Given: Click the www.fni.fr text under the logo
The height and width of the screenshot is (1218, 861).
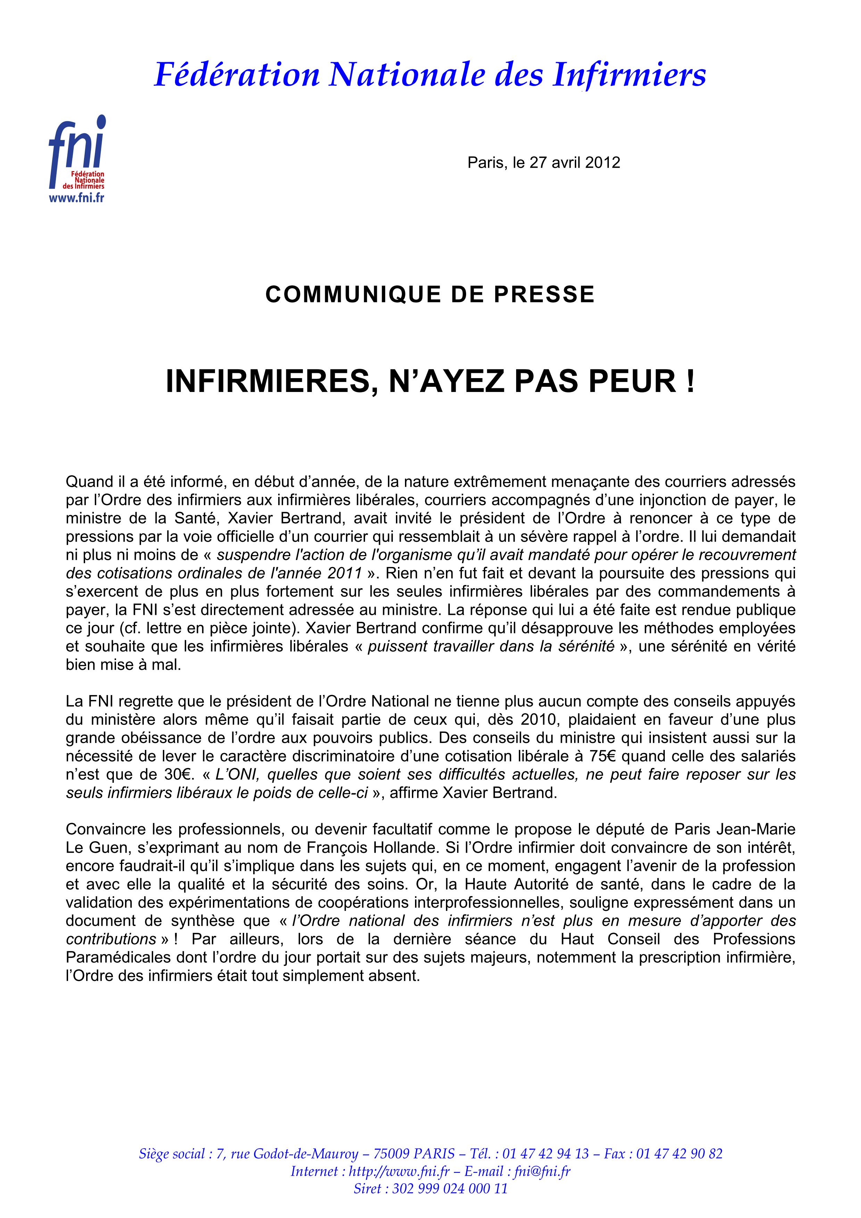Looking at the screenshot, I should point(76,198).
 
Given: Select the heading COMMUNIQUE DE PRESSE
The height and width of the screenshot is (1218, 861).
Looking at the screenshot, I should point(430,294).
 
